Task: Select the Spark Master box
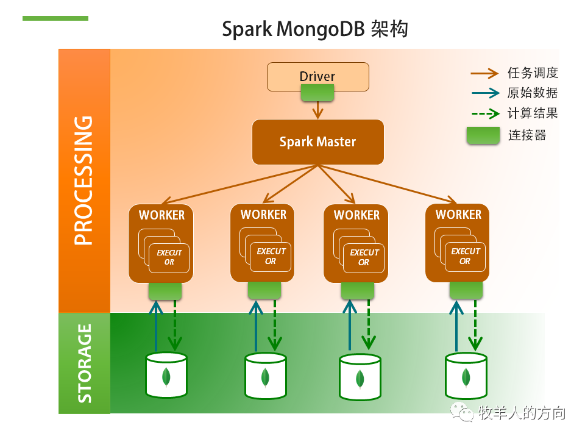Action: pos(317,141)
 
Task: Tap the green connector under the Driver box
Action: pos(317,93)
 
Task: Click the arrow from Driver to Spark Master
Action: pos(317,110)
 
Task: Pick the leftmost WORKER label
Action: pos(161,215)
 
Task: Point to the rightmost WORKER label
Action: pos(458,215)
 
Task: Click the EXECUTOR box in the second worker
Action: pos(271,256)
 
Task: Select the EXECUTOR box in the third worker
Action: pos(364,257)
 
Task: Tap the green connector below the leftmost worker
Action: pos(165,291)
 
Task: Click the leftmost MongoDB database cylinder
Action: pos(166,375)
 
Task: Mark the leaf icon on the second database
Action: pos(265,377)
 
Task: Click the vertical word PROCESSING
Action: pos(83,180)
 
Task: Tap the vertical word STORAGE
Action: pos(85,363)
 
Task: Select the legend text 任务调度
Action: pos(533,73)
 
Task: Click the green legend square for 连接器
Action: pos(483,135)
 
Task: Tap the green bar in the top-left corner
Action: pos(55,18)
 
